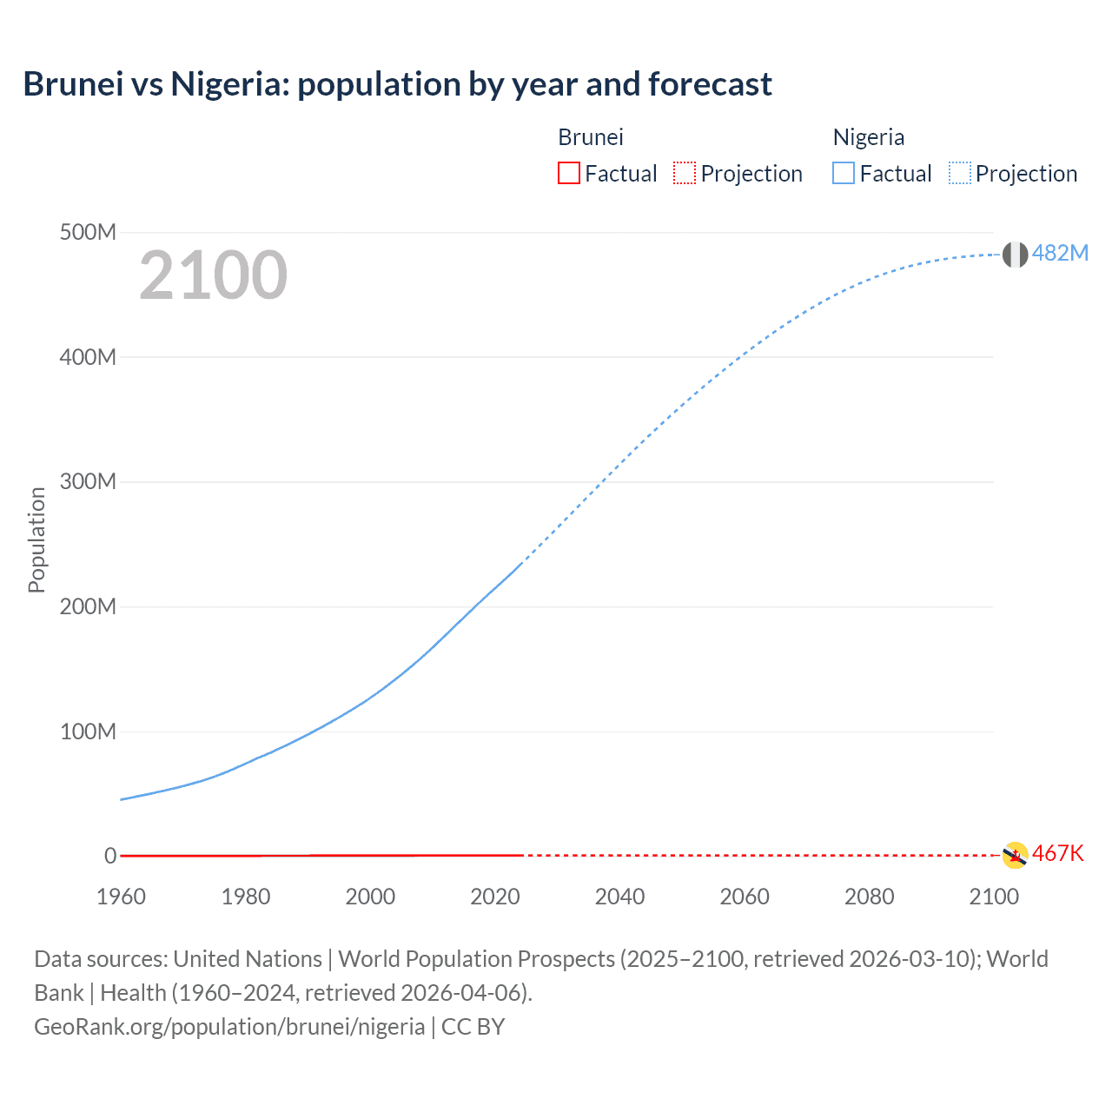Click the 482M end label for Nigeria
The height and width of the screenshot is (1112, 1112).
(1060, 253)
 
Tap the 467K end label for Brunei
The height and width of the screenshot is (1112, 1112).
(1058, 853)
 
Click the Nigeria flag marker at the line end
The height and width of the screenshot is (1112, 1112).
(1015, 255)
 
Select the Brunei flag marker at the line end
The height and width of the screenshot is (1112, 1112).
(1015, 855)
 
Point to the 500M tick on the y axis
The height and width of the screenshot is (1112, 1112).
(88, 232)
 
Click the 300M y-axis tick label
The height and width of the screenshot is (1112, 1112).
(88, 481)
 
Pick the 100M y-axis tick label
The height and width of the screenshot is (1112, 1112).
(88, 731)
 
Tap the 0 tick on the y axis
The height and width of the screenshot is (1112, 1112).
(110, 856)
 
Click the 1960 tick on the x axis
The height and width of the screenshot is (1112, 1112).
(121, 897)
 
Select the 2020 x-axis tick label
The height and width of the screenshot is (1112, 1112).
(495, 897)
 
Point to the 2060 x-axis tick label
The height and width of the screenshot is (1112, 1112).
(745, 897)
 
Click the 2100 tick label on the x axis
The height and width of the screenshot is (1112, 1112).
(994, 897)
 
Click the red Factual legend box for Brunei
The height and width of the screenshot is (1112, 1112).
(569, 173)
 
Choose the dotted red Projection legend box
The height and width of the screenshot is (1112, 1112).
(685, 173)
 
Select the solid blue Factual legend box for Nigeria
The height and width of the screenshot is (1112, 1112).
(844, 173)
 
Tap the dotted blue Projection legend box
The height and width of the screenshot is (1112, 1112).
(960, 173)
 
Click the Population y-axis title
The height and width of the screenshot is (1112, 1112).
(36, 539)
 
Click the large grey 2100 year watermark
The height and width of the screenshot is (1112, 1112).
(213, 275)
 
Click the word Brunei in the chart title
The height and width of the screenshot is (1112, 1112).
(73, 84)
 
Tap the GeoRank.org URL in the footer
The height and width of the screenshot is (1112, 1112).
(229, 1026)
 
